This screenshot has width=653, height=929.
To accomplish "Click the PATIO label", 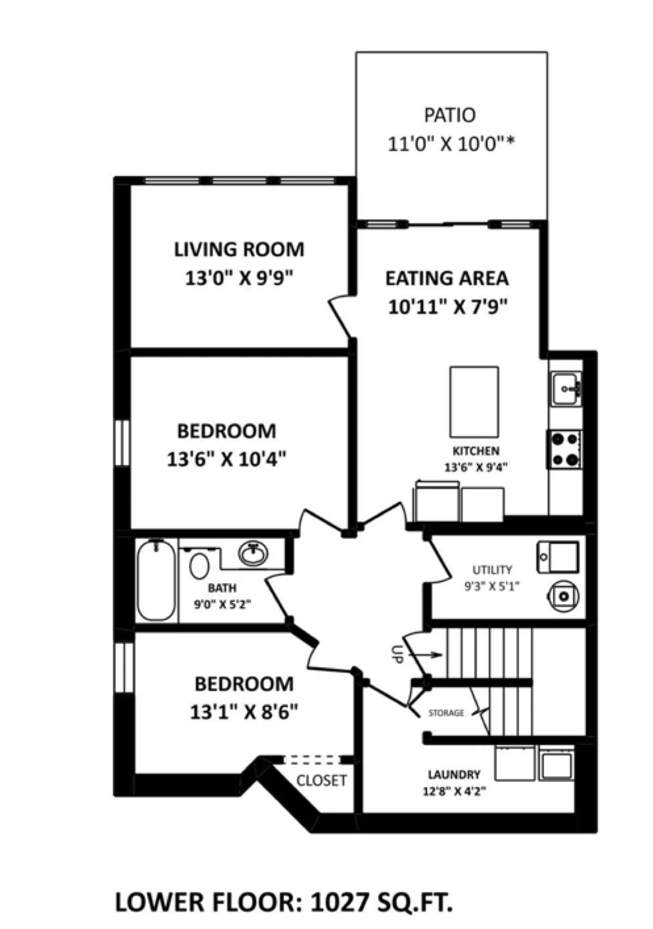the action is point(449,115).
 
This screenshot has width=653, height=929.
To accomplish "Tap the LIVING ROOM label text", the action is point(239,249).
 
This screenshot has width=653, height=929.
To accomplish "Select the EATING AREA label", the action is point(447,278).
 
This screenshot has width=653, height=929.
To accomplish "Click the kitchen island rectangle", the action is point(474,401).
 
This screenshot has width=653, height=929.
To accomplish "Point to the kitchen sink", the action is point(565,388).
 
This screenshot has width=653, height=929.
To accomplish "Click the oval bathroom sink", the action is point(253,554).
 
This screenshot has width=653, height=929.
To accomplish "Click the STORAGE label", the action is point(446,713).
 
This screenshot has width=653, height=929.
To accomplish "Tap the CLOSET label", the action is point(321,780).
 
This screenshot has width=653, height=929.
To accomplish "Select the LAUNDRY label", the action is point(454,774).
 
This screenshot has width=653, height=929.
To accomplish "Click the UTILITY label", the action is point(492,570).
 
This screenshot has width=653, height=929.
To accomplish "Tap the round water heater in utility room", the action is point(563,596).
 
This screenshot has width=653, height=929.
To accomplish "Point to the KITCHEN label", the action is point(476,450).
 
